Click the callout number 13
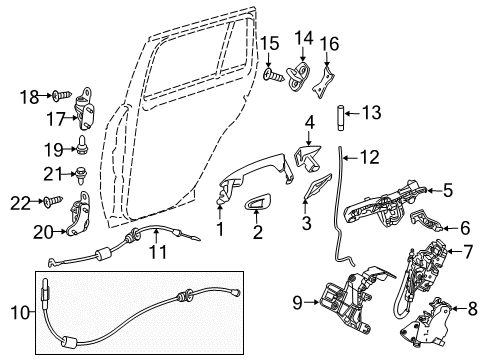click(x=371, y=113)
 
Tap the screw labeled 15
click(x=273, y=75)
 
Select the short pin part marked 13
click(x=340, y=118)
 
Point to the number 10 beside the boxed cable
click(x=21, y=312)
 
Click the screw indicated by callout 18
click(x=62, y=95)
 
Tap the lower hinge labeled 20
click(x=79, y=214)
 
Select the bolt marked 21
click(x=81, y=175)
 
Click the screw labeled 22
click(x=53, y=201)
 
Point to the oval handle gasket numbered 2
click(x=258, y=202)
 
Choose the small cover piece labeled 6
click(x=426, y=220)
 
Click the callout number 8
click(x=472, y=308)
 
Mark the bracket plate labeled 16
click(x=323, y=82)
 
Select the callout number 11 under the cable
click(x=157, y=252)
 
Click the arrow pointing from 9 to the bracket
click(x=312, y=302)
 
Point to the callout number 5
click(x=447, y=191)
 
